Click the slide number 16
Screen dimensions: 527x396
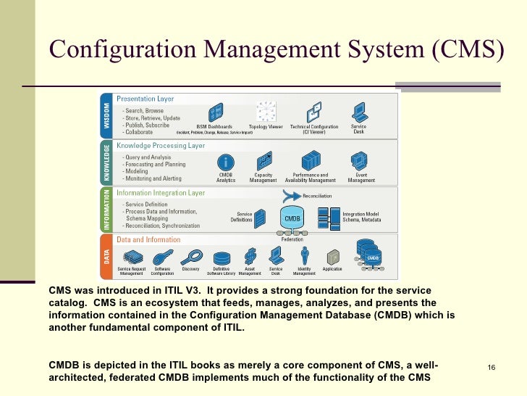tap(491, 368)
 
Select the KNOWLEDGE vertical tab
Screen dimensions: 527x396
tap(106, 162)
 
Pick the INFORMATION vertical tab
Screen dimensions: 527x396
tap(106, 209)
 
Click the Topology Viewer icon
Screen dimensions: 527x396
tap(266, 112)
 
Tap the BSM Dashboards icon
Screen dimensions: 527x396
tap(215, 112)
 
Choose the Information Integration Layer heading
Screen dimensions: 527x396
tap(161, 193)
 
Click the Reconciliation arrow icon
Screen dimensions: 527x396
tap(292, 195)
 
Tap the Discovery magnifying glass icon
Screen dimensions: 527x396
tap(191, 256)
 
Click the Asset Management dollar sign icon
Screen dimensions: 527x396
tap(250, 255)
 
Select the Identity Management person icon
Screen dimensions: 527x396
tap(305, 255)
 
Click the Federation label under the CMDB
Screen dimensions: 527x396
tap(292, 239)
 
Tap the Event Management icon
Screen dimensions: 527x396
tap(361, 160)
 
